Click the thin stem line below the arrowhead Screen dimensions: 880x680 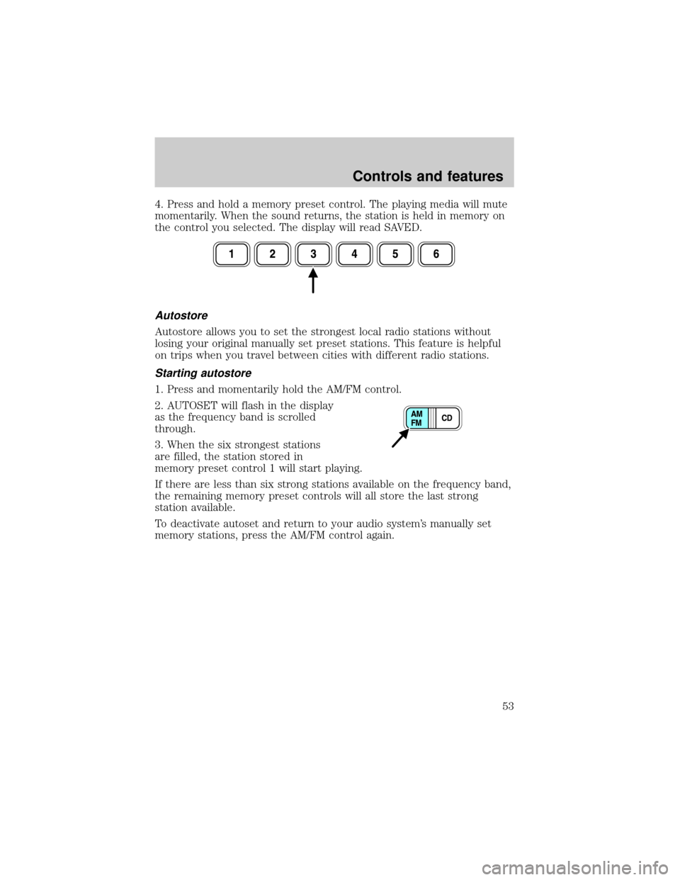pyautogui.click(x=312, y=288)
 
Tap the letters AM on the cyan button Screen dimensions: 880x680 pyautogui.click(x=417, y=414)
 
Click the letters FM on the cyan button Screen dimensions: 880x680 pyautogui.click(x=417, y=423)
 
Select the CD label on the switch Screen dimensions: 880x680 pyautogui.click(x=448, y=418)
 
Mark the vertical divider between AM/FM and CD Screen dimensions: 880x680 pyautogui.click(x=432, y=419)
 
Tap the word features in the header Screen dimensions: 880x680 pyautogui.click(x=477, y=176)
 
